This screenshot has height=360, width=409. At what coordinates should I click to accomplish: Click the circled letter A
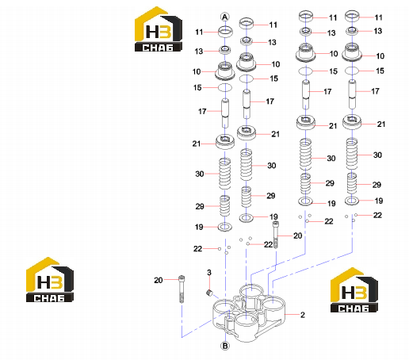pyautogui.click(x=225, y=17)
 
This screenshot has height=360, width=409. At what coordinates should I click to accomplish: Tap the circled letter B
pyautogui.click(x=225, y=346)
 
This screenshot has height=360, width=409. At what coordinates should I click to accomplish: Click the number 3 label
pyautogui.click(x=209, y=272)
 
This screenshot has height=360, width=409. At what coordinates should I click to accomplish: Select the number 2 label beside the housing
pyautogui.click(x=303, y=315)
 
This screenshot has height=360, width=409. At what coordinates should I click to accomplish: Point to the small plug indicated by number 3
pyautogui.click(x=209, y=293)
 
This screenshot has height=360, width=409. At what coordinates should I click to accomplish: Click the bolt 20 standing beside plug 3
pyautogui.click(x=182, y=289)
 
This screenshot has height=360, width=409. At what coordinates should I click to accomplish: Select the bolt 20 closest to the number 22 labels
pyautogui.click(x=276, y=235)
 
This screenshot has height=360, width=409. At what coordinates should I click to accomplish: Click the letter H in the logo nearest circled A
pyautogui.click(x=152, y=32)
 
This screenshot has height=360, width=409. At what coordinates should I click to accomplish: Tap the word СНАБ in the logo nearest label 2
pyautogui.click(x=354, y=308)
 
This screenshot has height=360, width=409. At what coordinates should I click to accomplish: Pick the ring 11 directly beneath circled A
pyautogui.click(x=225, y=32)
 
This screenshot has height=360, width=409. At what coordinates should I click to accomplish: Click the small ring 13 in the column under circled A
pyautogui.click(x=225, y=49)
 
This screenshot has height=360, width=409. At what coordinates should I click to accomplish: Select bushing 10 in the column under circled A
pyautogui.click(x=225, y=71)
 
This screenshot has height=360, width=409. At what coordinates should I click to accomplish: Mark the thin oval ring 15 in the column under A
pyautogui.click(x=225, y=87)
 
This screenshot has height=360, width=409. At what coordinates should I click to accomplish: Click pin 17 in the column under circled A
pyautogui.click(x=225, y=113)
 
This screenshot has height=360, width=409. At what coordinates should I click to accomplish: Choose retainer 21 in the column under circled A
pyautogui.click(x=225, y=142)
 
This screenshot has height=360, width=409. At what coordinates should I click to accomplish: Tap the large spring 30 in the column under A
pyautogui.click(x=225, y=174)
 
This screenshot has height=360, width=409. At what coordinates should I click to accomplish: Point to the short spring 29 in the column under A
pyautogui.click(x=225, y=205)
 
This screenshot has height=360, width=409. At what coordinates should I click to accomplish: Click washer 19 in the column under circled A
pyautogui.click(x=225, y=227)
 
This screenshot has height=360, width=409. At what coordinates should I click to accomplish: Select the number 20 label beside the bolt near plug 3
pyautogui.click(x=159, y=280)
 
